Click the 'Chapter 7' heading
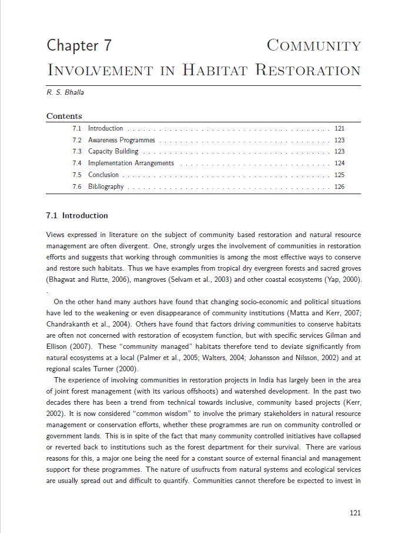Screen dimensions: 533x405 [x=79, y=45]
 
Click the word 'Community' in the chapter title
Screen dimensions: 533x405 [x=314, y=45]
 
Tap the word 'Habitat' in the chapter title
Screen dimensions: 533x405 [x=215, y=71]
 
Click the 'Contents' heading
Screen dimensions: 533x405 [x=64, y=116]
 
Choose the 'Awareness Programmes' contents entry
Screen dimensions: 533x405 [x=122, y=140]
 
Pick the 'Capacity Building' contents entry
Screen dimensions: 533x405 [x=113, y=152]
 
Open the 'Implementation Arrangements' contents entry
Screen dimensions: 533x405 [x=131, y=164]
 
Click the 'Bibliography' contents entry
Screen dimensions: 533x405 [x=106, y=186]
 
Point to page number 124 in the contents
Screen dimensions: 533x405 [x=339, y=164]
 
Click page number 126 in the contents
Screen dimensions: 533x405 [x=339, y=186]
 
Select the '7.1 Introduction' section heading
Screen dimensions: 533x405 [x=77, y=216]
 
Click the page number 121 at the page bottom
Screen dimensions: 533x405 [x=355, y=513]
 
